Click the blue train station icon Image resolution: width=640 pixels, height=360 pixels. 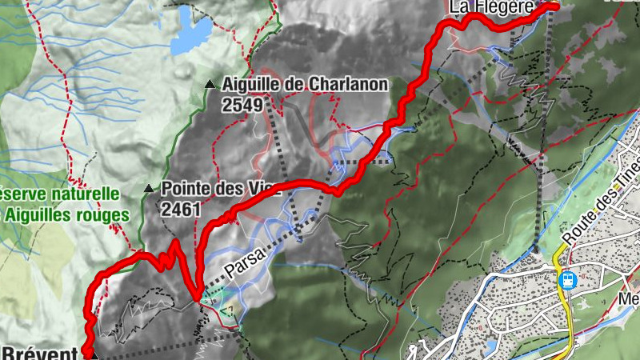[567, 280]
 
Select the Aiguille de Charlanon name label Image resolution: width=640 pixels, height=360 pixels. [306, 84]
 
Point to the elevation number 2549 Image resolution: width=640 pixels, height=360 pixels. [243, 102]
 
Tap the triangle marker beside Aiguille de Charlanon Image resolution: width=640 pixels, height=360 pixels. [210, 84]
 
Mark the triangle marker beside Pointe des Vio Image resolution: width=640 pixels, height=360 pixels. [148, 190]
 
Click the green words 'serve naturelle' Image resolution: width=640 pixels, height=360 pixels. [60, 194]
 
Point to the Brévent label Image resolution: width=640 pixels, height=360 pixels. [39, 352]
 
